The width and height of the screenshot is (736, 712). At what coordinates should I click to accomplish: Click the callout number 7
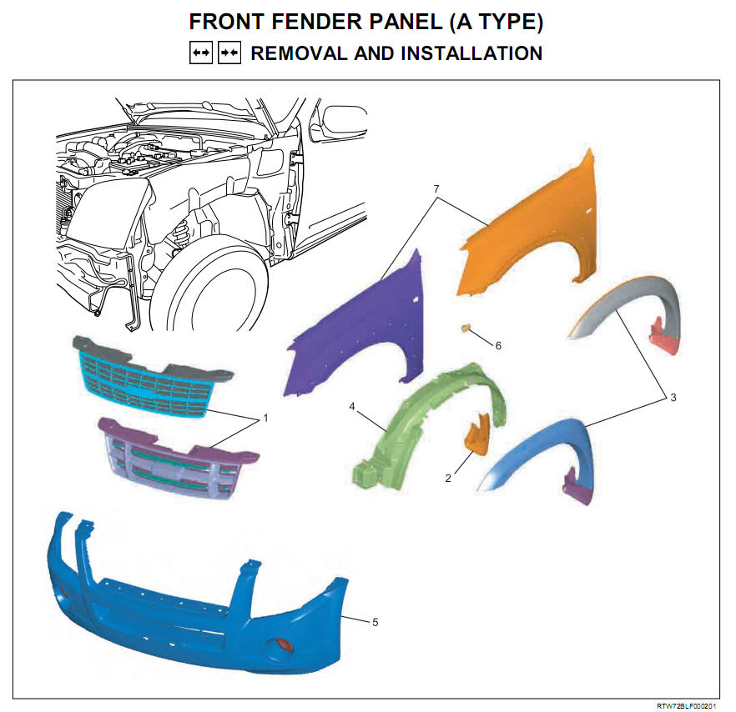click(436, 188)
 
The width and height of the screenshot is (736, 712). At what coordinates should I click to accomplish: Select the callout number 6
click(498, 346)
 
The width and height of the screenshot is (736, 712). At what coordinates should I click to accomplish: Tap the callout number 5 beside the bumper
click(375, 623)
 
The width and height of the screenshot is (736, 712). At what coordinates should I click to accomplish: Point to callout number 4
click(352, 406)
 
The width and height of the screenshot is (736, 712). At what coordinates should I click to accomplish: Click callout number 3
click(673, 398)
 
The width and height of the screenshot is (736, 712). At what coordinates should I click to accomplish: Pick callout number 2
click(448, 478)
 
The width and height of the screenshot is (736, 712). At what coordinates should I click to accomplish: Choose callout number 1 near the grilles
click(265, 418)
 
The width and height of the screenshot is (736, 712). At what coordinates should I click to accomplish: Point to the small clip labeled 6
click(466, 328)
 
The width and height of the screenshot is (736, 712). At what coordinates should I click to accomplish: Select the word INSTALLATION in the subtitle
click(471, 53)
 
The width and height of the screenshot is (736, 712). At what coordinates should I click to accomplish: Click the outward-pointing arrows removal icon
click(201, 53)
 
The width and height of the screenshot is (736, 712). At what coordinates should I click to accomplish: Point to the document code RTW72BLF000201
click(687, 706)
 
